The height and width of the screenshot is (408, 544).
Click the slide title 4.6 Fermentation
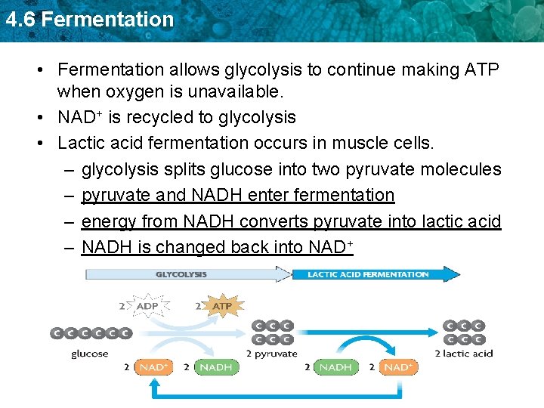pos(89,20)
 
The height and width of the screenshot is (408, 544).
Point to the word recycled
pos(175,118)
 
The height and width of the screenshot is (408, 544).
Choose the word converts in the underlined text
pos(275,221)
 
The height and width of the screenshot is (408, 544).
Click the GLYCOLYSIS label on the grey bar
pos(181,274)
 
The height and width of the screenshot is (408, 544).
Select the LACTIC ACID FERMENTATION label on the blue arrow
pos(367,274)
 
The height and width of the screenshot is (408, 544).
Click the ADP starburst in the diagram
pos(150,307)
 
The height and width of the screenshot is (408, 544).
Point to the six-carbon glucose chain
pos(91,333)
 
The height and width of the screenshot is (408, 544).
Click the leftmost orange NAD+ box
pos(154,367)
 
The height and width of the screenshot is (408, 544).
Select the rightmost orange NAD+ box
pos(397,367)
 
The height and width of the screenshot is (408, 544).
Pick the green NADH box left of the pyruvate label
pos(216,367)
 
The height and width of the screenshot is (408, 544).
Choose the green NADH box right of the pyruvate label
pos(335,367)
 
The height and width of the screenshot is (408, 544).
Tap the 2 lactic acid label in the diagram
pos(464,354)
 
